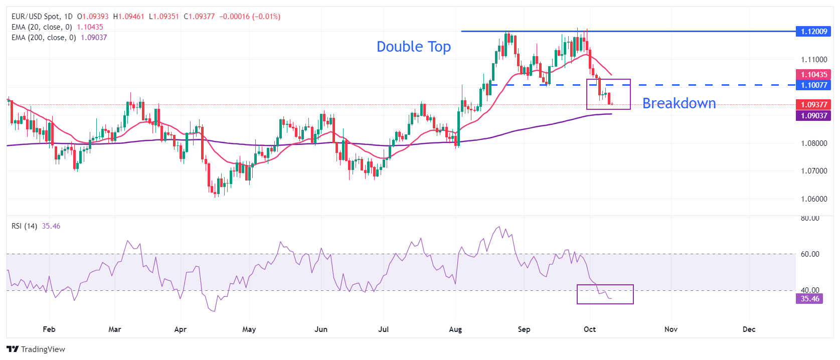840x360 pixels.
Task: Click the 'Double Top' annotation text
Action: coord(414,47)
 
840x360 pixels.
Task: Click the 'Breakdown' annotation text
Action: coord(679,103)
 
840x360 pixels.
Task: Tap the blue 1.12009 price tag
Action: coord(813,32)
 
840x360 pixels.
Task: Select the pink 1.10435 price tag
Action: coord(813,75)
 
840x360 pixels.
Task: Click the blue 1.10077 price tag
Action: coord(813,85)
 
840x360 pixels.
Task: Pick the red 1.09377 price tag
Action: coord(813,105)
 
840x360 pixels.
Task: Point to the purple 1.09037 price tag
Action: coord(813,116)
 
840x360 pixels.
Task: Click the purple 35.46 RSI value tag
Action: coord(809,299)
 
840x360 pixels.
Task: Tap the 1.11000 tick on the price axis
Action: coord(814,60)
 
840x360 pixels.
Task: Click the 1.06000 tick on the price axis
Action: coord(814,199)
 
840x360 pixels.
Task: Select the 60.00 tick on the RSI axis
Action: coord(810,254)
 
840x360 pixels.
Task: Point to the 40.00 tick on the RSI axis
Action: coord(810,290)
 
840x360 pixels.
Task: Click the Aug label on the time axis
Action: coord(455,329)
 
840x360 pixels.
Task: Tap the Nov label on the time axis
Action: coord(671,329)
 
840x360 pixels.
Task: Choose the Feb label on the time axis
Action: coord(49,329)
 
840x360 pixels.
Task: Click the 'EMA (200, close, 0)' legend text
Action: coord(44,38)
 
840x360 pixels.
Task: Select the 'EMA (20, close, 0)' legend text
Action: coord(42,27)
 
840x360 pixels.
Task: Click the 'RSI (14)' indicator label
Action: coord(24,226)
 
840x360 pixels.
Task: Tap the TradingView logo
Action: coord(36,349)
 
